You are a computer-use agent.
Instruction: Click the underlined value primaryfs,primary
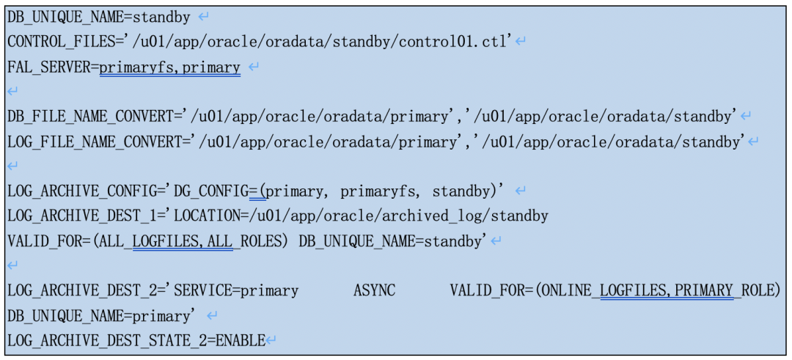[169, 68]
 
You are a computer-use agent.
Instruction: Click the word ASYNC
[374, 291]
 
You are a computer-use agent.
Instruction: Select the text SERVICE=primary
[236, 291]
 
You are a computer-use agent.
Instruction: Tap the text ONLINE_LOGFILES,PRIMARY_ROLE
[654, 291]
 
